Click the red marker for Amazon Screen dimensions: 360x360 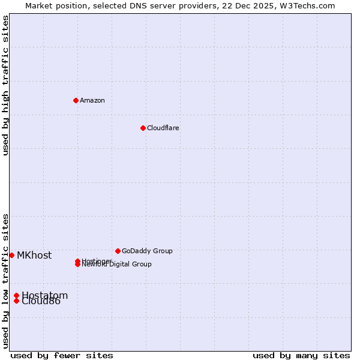[76, 100]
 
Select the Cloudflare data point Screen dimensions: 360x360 [143, 128]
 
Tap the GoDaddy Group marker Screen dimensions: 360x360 [118, 251]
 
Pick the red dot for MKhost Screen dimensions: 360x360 [11, 255]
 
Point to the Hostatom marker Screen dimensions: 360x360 [16, 295]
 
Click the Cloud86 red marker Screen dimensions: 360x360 [16, 301]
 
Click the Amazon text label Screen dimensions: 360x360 [92, 100]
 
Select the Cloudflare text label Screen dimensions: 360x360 [163, 128]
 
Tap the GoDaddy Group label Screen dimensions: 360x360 [147, 251]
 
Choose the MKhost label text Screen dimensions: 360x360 [34, 255]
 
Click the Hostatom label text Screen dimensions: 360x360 [45, 295]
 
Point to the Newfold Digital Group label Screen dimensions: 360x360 [117, 265]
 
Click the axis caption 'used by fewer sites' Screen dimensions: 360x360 [62, 355]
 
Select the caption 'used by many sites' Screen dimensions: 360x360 [301, 355]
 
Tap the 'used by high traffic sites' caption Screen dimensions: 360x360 [5, 85]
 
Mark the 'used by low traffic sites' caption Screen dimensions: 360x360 [5, 281]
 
